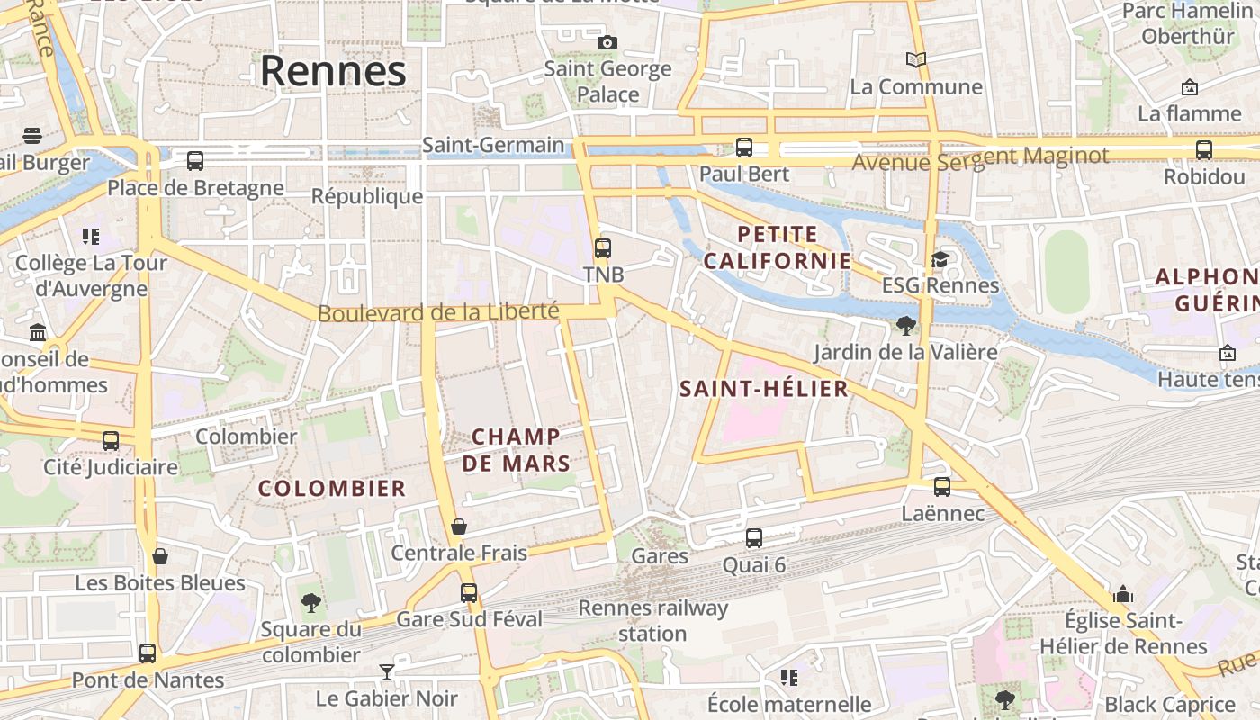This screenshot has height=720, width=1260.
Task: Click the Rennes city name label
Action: pyautogui.click(x=333, y=71)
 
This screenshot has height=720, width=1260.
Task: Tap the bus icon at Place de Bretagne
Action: pyautogui.click(x=195, y=161)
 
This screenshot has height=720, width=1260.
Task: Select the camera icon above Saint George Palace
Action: pyautogui.click(x=607, y=42)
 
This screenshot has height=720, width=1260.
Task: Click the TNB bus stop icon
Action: pyautogui.click(x=603, y=248)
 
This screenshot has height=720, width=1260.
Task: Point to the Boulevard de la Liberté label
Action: pyautogui.click(x=438, y=312)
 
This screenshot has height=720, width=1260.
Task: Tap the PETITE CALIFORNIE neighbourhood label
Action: pyautogui.click(x=778, y=247)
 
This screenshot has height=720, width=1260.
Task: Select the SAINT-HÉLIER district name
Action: pyautogui.click(x=764, y=389)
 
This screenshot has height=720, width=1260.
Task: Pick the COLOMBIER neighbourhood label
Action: pyautogui.click(x=332, y=489)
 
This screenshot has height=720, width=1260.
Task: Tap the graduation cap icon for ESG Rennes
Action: pyautogui.click(x=940, y=260)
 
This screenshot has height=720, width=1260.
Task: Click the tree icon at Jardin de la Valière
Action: pyautogui.click(x=906, y=326)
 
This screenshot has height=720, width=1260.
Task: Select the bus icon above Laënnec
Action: pyautogui.click(x=942, y=487)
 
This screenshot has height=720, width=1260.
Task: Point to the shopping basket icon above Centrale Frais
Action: pyautogui.click(x=459, y=526)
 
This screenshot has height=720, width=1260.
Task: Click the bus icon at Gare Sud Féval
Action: pyautogui.click(x=469, y=593)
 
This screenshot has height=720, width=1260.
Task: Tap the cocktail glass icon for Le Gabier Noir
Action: pyautogui.click(x=387, y=672)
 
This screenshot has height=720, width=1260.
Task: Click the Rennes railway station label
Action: pyautogui.click(x=652, y=620)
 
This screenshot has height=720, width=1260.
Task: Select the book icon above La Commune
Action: pyautogui.click(x=916, y=60)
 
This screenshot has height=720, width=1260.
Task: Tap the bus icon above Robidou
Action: pyautogui.click(x=1204, y=150)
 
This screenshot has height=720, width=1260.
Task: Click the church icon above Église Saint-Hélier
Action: pyautogui.click(x=1123, y=594)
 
